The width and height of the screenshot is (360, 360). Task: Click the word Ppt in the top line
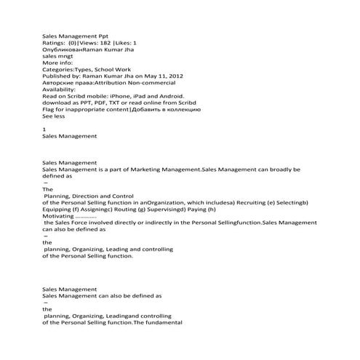(105, 34)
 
